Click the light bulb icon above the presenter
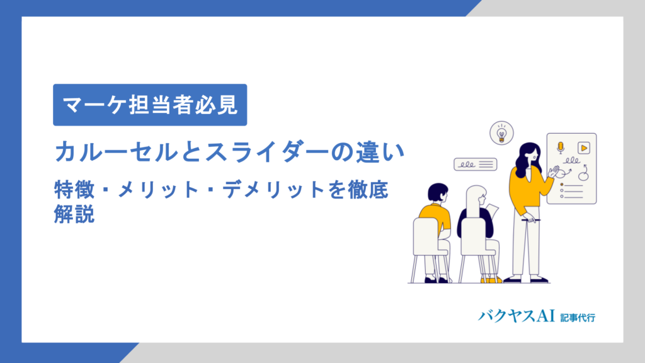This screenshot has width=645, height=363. [x=501, y=133]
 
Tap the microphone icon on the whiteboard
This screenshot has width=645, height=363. [x=560, y=147]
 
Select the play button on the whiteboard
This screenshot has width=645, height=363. [x=584, y=147]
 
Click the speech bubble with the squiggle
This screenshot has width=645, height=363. [x=475, y=164]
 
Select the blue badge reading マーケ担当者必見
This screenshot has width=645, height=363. [x=150, y=105]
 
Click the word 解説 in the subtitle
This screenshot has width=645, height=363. [x=74, y=214]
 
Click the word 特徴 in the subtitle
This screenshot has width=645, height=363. [x=73, y=189]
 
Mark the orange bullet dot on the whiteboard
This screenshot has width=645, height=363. [x=561, y=185]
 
